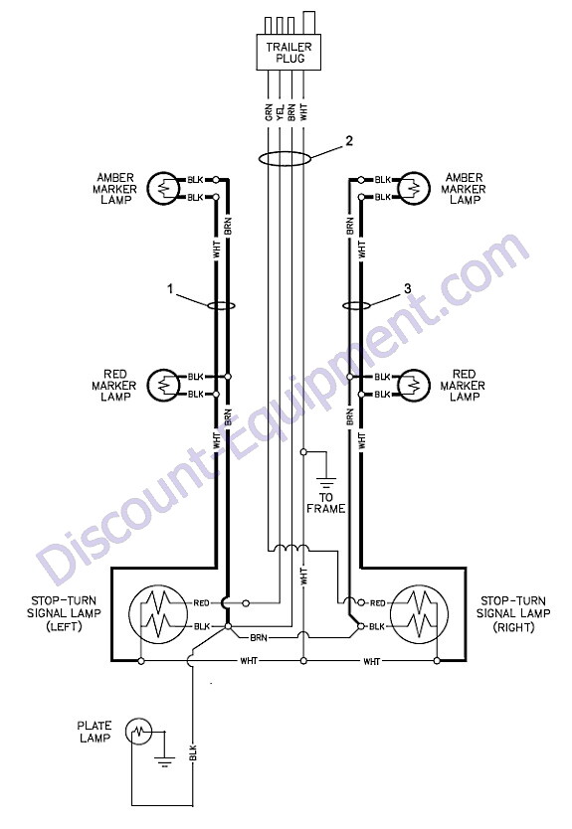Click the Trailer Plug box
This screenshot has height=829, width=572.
click(288, 53)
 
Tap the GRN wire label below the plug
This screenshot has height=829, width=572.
click(269, 112)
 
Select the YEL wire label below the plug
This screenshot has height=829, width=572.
click(281, 112)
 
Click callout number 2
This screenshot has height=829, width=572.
click(349, 140)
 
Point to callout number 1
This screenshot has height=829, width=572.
click(170, 288)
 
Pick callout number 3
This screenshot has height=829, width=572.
click(407, 288)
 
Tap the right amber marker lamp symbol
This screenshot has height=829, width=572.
click(413, 188)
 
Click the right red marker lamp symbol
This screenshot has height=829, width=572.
click(413, 385)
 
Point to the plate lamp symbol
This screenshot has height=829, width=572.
click(138, 732)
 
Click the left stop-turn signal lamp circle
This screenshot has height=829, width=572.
click(158, 614)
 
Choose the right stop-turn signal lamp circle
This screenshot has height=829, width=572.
click(419, 614)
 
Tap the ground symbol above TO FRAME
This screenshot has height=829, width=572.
click(326, 483)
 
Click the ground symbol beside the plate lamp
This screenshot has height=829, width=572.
click(164, 761)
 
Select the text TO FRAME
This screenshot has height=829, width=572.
click(326, 503)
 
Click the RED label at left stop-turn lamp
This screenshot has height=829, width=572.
click(202, 602)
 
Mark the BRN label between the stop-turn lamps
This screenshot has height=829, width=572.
click(259, 637)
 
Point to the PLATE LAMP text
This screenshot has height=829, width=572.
click(95, 732)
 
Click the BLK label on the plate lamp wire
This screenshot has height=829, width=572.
click(193, 752)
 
